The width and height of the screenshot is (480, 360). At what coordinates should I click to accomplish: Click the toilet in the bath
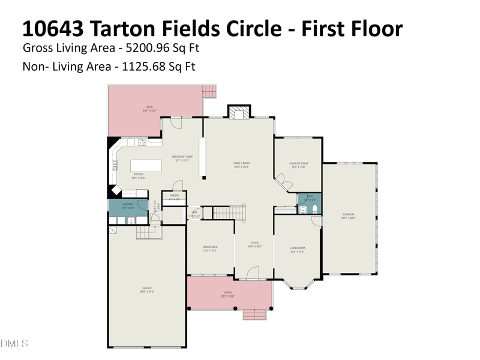click(314, 209)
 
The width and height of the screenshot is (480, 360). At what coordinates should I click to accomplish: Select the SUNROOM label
click(349, 215)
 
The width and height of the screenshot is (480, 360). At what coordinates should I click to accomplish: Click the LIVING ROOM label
click(298, 250)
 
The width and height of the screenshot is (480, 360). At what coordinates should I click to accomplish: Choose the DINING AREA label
click(209, 248)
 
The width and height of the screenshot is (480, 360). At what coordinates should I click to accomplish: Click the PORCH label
click(228, 293)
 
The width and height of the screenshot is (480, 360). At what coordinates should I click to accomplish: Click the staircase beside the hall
click(230, 212)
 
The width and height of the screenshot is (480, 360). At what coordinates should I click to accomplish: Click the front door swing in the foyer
click(253, 274)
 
